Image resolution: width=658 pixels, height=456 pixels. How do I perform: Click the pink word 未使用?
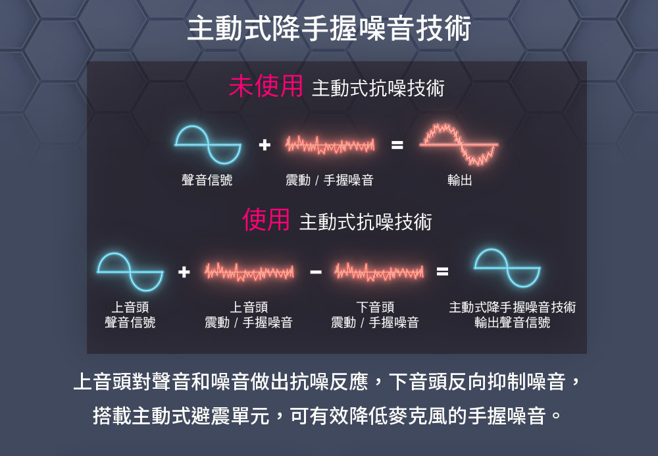(266, 86)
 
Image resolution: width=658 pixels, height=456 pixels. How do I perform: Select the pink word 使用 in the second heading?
(266, 220)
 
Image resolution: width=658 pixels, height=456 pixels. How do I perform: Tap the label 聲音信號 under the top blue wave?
(207, 180)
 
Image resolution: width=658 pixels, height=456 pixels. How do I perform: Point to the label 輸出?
(459, 180)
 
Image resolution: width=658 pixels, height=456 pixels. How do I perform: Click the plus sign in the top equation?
(264, 144)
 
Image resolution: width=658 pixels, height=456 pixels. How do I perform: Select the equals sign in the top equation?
(397, 144)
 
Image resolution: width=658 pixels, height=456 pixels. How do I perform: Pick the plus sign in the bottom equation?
(184, 271)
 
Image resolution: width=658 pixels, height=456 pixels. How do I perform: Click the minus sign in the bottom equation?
(316, 271)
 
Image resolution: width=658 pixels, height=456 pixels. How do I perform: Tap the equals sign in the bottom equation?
(443, 271)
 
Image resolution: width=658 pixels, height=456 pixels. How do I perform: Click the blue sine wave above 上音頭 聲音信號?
(130, 271)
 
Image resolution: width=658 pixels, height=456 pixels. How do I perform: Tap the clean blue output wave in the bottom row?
(507, 269)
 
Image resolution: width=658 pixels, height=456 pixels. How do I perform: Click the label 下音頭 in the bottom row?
(375, 307)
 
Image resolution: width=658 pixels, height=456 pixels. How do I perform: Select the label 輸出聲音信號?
(513, 323)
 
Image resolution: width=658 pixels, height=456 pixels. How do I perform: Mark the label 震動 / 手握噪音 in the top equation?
(330, 180)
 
